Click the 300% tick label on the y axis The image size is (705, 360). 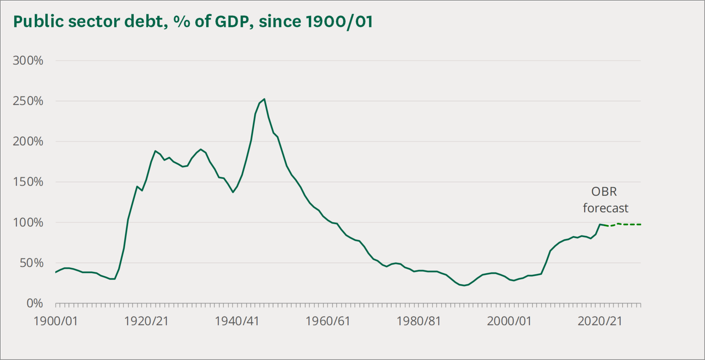pyautogui.click(x=28, y=60)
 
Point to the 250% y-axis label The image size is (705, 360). pyautogui.click(x=28, y=101)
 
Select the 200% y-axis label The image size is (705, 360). pyautogui.click(x=28, y=141)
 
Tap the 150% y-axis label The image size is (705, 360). pyautogui.click(x=28, y=182)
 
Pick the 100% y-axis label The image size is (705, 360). pyautogui.click(x=28, y=223)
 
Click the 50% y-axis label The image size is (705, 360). pyautogui.click(x=31, y=263)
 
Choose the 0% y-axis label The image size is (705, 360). pyautogui.click(x=35, y=304)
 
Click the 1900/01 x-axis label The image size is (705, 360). pyautogui.click(x=56, y=321)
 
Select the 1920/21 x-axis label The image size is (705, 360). pyautogui.click(x=146, y=321)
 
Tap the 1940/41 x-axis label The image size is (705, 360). pyautogui.click(x=237, y=321)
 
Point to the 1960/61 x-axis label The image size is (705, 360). pyautogui.click(x=328, y=321)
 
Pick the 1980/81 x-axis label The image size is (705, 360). pyautogui.click(x=419, y=321)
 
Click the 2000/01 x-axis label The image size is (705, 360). pyautogui.click(x=509, y=321)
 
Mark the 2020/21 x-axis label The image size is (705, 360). pyautogui.click(x=600, y=321)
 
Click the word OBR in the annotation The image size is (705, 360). pyautogui.click(x=604, y=192)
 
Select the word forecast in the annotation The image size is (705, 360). pyautogui.click(x=605, y=208)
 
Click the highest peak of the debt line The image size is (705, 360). pyautogui.click(x=264, y=99)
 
